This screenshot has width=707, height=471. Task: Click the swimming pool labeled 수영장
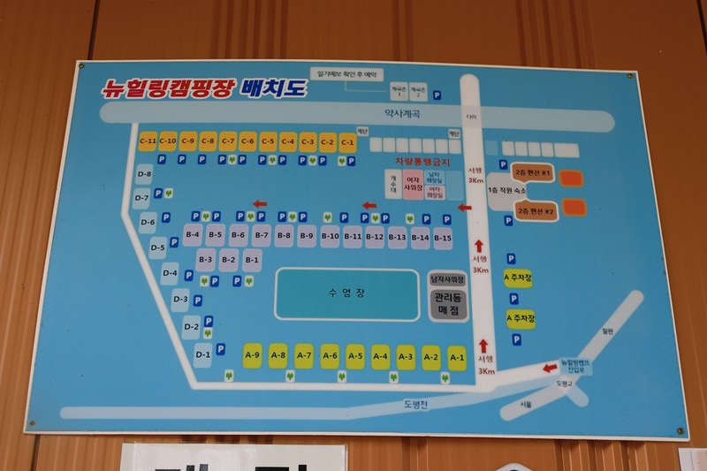(x=346, y=293)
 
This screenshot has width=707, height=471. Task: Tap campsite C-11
(x=148, y=141)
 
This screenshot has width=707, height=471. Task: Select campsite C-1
(x=347, y=141)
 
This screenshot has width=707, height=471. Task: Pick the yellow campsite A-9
(x=252, y=355)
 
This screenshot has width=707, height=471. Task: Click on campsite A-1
(x=457, y=357)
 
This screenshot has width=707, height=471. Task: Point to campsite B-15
(x=443, y=237)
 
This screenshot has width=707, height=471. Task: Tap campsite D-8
(x=145, y=174)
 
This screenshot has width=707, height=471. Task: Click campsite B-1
(x=252, y=260)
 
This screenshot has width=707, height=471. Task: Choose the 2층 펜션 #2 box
(x=536, y=211)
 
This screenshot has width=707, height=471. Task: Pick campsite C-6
(x=247, y=141)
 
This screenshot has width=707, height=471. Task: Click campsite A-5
(x=355, y=356)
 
